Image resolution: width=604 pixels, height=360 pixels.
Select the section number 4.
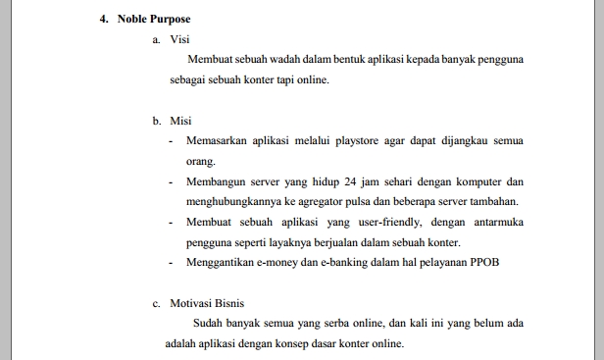pyautogui.click(x=103, y=19)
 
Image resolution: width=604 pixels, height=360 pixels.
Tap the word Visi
pyautogui.click(x=180, y=39)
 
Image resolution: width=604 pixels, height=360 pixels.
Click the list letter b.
pyautogui.click(x=156, y=122)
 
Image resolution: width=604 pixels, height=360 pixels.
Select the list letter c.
pyautogui.click(x=156, y=304)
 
